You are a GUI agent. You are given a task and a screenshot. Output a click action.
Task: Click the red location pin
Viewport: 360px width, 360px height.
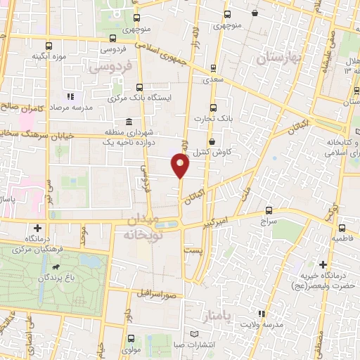coord(181,167)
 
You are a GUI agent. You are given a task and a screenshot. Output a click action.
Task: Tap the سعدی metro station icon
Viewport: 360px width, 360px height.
coord(212,69)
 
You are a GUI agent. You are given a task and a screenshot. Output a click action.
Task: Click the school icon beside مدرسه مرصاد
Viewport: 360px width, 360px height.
coord(69,96)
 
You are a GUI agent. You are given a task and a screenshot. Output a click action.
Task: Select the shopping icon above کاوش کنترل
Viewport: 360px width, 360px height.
coord(212,142)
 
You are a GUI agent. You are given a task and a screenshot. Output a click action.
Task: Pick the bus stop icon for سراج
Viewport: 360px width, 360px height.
coord(269,210)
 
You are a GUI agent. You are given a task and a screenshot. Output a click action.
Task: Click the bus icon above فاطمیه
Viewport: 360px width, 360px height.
coord(342,228)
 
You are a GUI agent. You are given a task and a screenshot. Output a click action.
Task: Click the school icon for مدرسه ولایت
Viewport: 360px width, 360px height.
coord(261,313)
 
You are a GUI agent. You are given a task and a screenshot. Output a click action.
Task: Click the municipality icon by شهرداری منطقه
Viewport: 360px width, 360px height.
coord(128,121)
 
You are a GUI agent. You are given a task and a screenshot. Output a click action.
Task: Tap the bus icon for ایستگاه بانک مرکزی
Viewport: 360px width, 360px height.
coord(139,87)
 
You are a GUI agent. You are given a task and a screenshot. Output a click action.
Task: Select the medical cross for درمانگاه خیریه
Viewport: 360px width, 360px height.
coord(323,265)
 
